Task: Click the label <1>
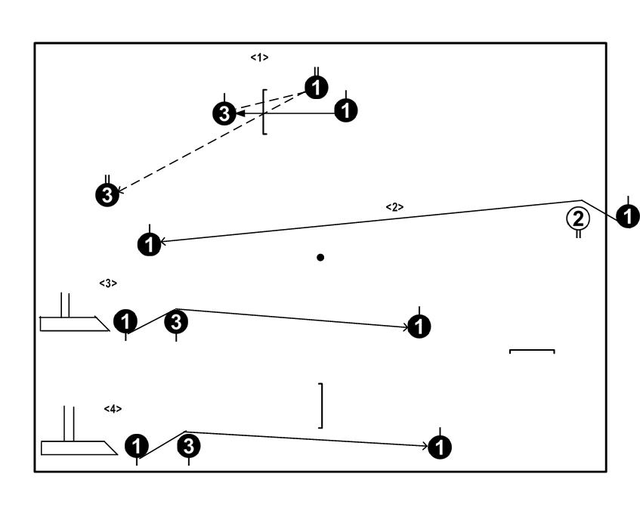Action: coord(259,57)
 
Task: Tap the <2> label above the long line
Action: coord(394,206)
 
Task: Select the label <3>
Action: coord(108,283)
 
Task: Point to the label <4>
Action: coord(113,408)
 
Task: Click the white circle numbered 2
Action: coord(578,219)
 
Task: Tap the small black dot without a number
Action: coord(320,258)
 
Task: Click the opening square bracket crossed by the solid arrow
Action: coord(264,112)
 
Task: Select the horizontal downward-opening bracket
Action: coord(532,351)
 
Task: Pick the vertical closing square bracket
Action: coord(321,406)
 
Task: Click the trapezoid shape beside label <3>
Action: coord(68,324)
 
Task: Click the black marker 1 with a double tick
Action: coord(317,88)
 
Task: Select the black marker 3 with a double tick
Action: coord(107,194)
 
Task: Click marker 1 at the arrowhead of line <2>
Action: coord(150,243)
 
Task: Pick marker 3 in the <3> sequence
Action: coord(176,322)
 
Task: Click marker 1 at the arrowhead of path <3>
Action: coord(419,327)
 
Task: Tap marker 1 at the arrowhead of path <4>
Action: coord(440,447)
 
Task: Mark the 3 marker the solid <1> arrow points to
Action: coord(224,113)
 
